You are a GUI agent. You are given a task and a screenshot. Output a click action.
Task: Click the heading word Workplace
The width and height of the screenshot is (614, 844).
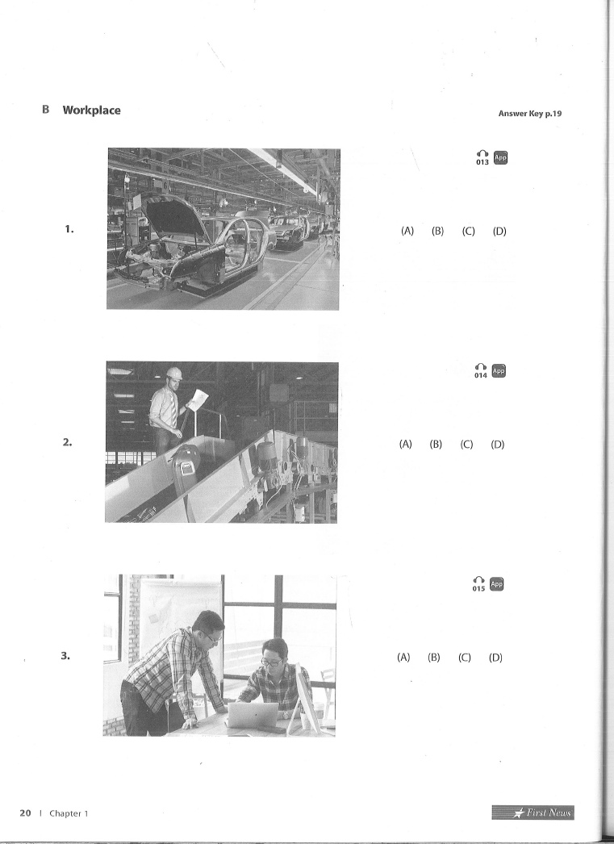pos(91,111)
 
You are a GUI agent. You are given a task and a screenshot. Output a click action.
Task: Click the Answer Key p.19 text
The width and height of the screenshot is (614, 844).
pos(530,114)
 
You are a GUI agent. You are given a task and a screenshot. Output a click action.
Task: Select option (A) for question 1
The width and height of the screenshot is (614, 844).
pos(407,231)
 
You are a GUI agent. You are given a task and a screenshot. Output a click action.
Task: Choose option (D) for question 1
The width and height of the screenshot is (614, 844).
pos(499,231)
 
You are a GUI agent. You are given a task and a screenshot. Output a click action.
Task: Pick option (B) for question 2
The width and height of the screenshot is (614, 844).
pos(436,444)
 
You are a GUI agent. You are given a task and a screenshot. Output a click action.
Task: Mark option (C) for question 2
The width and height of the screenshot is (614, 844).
pos(466,444)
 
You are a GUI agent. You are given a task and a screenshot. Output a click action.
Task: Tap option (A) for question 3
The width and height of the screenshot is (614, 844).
pos(403,658)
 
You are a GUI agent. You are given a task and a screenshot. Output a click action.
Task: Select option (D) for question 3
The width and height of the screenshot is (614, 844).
pos(495,658)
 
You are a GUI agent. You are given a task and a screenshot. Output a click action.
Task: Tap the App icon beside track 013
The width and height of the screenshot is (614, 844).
pos(500,157)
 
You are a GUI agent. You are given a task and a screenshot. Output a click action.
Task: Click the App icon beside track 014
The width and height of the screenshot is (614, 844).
pos(499,371)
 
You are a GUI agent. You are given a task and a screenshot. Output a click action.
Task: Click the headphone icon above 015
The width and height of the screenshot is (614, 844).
pos(478,579)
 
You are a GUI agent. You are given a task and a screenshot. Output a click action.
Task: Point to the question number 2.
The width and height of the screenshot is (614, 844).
pos(67,442)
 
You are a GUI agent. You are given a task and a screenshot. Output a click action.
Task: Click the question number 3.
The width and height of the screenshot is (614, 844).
pos(65,656)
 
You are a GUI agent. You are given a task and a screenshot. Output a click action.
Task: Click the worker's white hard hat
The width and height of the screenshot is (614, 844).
pos(174,373)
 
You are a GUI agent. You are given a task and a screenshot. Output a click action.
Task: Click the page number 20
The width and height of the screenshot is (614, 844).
pos(25,813)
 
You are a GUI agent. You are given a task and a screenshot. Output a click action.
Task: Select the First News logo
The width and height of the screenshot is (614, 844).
pos(533,813)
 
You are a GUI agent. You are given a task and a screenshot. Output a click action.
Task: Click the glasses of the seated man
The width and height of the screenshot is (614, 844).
pos(273,662)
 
